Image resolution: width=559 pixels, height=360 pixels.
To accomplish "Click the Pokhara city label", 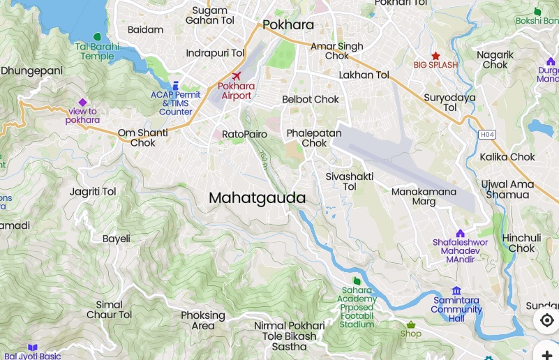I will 288,25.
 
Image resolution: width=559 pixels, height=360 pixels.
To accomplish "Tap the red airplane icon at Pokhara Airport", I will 236,75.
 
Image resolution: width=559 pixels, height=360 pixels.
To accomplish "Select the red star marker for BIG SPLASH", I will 435,55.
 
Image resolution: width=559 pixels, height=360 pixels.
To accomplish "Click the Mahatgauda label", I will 258,198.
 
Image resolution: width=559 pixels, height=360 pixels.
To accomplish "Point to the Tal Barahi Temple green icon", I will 97,36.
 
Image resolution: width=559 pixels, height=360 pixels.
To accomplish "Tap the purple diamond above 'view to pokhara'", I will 82,102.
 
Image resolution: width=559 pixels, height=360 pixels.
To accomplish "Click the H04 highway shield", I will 486,134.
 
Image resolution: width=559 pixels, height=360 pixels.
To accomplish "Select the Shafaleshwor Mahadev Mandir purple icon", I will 460,233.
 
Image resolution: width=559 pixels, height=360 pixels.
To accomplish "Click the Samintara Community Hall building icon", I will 456,290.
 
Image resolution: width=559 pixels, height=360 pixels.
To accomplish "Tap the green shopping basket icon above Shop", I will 411,324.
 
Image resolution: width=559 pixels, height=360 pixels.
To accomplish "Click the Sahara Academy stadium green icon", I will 357,280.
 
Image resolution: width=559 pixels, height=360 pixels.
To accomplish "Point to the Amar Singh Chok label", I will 337,51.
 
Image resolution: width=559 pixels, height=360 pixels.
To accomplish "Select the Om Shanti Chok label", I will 142,137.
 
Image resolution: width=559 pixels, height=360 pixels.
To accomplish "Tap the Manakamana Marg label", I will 424,196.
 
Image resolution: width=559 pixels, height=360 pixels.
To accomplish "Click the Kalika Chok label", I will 507,157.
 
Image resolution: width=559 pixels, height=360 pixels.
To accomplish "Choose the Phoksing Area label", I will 203,320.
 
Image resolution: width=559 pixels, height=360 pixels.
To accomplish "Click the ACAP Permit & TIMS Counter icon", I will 175,84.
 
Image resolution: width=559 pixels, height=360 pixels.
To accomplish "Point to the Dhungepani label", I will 31,70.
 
